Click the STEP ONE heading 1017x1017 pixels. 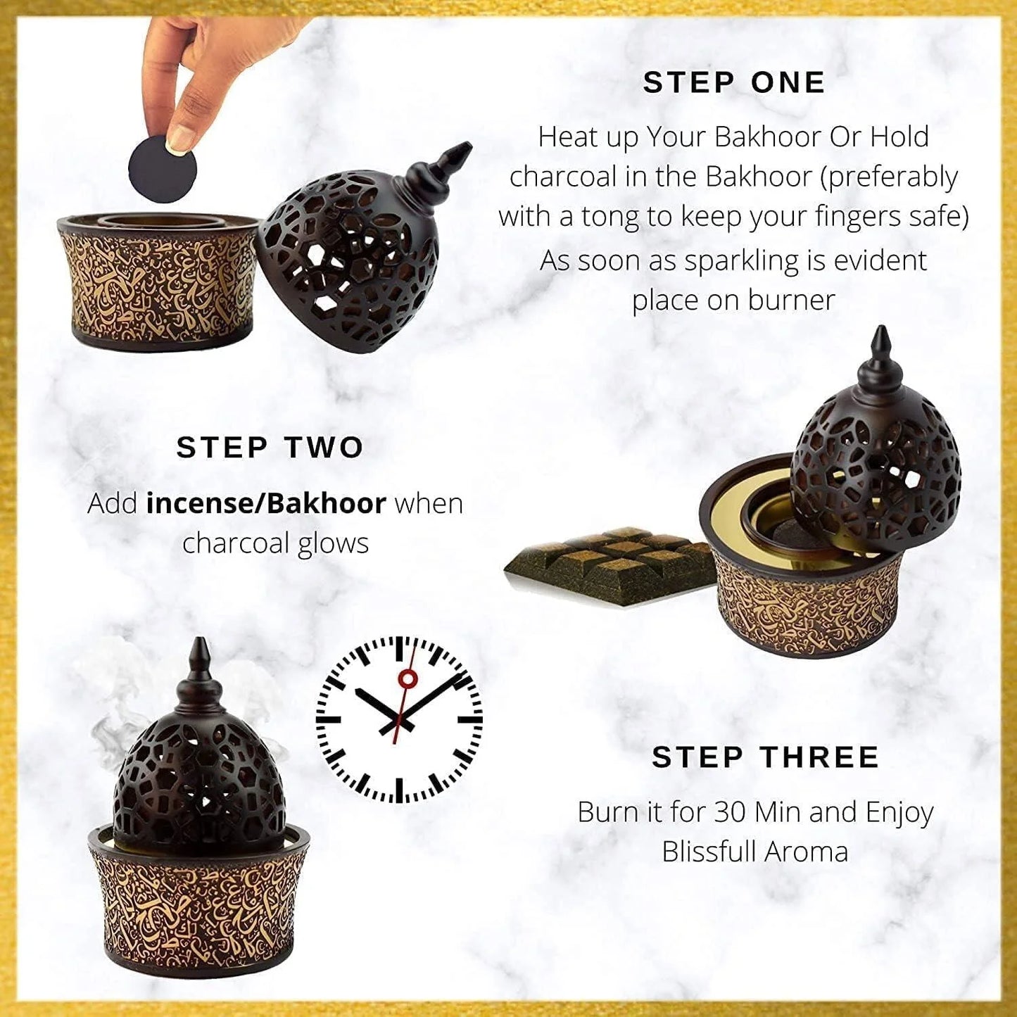(x=733, y=83)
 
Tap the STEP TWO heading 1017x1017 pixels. (x=270, y=448)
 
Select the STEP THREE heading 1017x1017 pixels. (x=765, y=757)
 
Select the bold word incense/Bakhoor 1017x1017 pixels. (x=266, y=504)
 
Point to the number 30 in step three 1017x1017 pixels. (x=731, y=812)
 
